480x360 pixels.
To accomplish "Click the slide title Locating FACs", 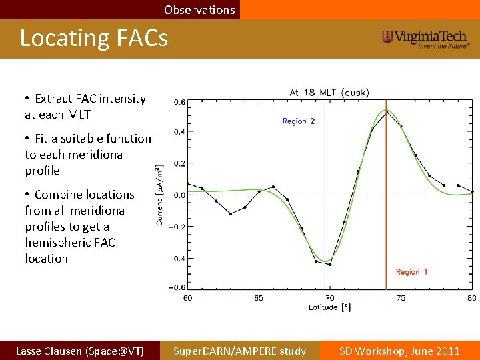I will (93, 38).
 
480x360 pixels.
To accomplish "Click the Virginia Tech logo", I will (426, 39).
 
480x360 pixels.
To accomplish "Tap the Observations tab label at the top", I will (199, 10).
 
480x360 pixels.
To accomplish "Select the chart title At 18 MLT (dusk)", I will (329, 92).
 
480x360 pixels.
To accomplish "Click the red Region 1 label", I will (411, 272).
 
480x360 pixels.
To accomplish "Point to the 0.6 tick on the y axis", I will (180, 103).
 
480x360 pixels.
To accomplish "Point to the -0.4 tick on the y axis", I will (179, 259).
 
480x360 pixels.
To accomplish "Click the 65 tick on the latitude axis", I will (259, 298).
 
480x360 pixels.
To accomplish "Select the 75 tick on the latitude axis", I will (401, 298).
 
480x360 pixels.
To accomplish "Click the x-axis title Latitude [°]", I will (329, 307).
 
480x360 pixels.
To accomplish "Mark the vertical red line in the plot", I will (387, 200).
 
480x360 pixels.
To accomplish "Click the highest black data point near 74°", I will (387, 112).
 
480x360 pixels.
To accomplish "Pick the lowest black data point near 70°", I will (329, 265).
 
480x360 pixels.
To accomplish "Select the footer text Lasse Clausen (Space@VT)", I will (79, 351).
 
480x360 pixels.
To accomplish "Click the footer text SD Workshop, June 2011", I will (399, 351).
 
